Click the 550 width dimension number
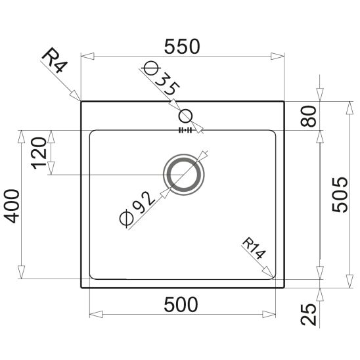click(x=182, y=47)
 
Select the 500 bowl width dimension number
click(x=181, y=304)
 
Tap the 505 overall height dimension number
click(x=340, y=194)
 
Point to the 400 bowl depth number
click(x=12, y=206)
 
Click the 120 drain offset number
click(x=39, y=153)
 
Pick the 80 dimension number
click(x=308, y=116)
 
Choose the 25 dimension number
click(x=308, y=314)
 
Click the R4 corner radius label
click(x=55, y=60)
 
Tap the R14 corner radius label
click(x=254, y=248)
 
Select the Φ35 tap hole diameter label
click(x=161, y=78)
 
